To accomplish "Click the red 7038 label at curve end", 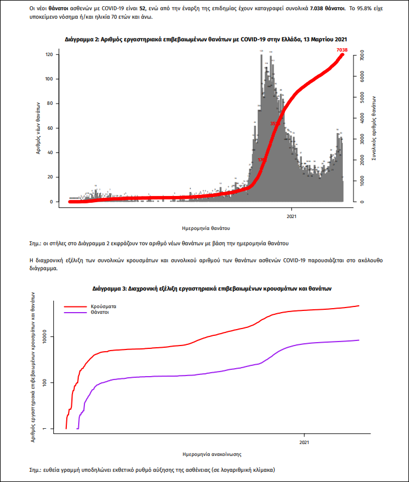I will coord(341,50).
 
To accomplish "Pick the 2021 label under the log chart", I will coord(304,442).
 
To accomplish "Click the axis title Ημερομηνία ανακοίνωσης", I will coord(209,454).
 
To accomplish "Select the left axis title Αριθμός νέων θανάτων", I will coord(37,128).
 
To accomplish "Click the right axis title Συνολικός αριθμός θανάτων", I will coord(374,128).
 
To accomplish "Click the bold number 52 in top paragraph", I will coord(143,9).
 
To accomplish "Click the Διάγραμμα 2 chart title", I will coord(206,39).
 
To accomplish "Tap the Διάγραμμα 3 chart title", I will coord(211,288).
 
